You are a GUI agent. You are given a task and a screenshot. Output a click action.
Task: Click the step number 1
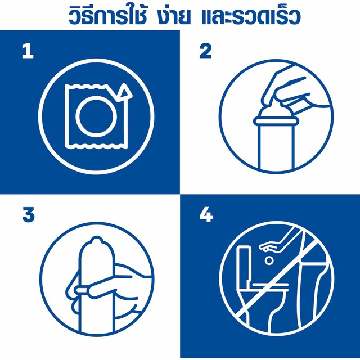coord(28,51)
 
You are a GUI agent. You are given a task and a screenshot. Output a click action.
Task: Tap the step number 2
coord(205,51)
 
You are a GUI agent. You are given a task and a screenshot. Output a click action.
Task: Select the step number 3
coord(29,215)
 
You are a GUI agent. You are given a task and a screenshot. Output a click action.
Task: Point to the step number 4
coord(206,215)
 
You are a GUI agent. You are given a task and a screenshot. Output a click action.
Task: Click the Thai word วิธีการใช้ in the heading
coord(107,15)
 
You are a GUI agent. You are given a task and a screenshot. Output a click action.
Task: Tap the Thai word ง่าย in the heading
coord(174,16)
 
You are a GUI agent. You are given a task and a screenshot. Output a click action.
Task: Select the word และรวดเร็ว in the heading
coord(251,16)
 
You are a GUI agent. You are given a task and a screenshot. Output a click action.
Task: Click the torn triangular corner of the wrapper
coord(124,92)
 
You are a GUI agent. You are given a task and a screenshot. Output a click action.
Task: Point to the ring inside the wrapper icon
coord(96,116)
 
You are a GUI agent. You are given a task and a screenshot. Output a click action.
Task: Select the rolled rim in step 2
coord(276,121)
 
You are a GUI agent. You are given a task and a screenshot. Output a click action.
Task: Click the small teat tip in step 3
coord(96,240)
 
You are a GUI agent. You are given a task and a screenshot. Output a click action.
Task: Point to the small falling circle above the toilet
coord(269,260)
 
